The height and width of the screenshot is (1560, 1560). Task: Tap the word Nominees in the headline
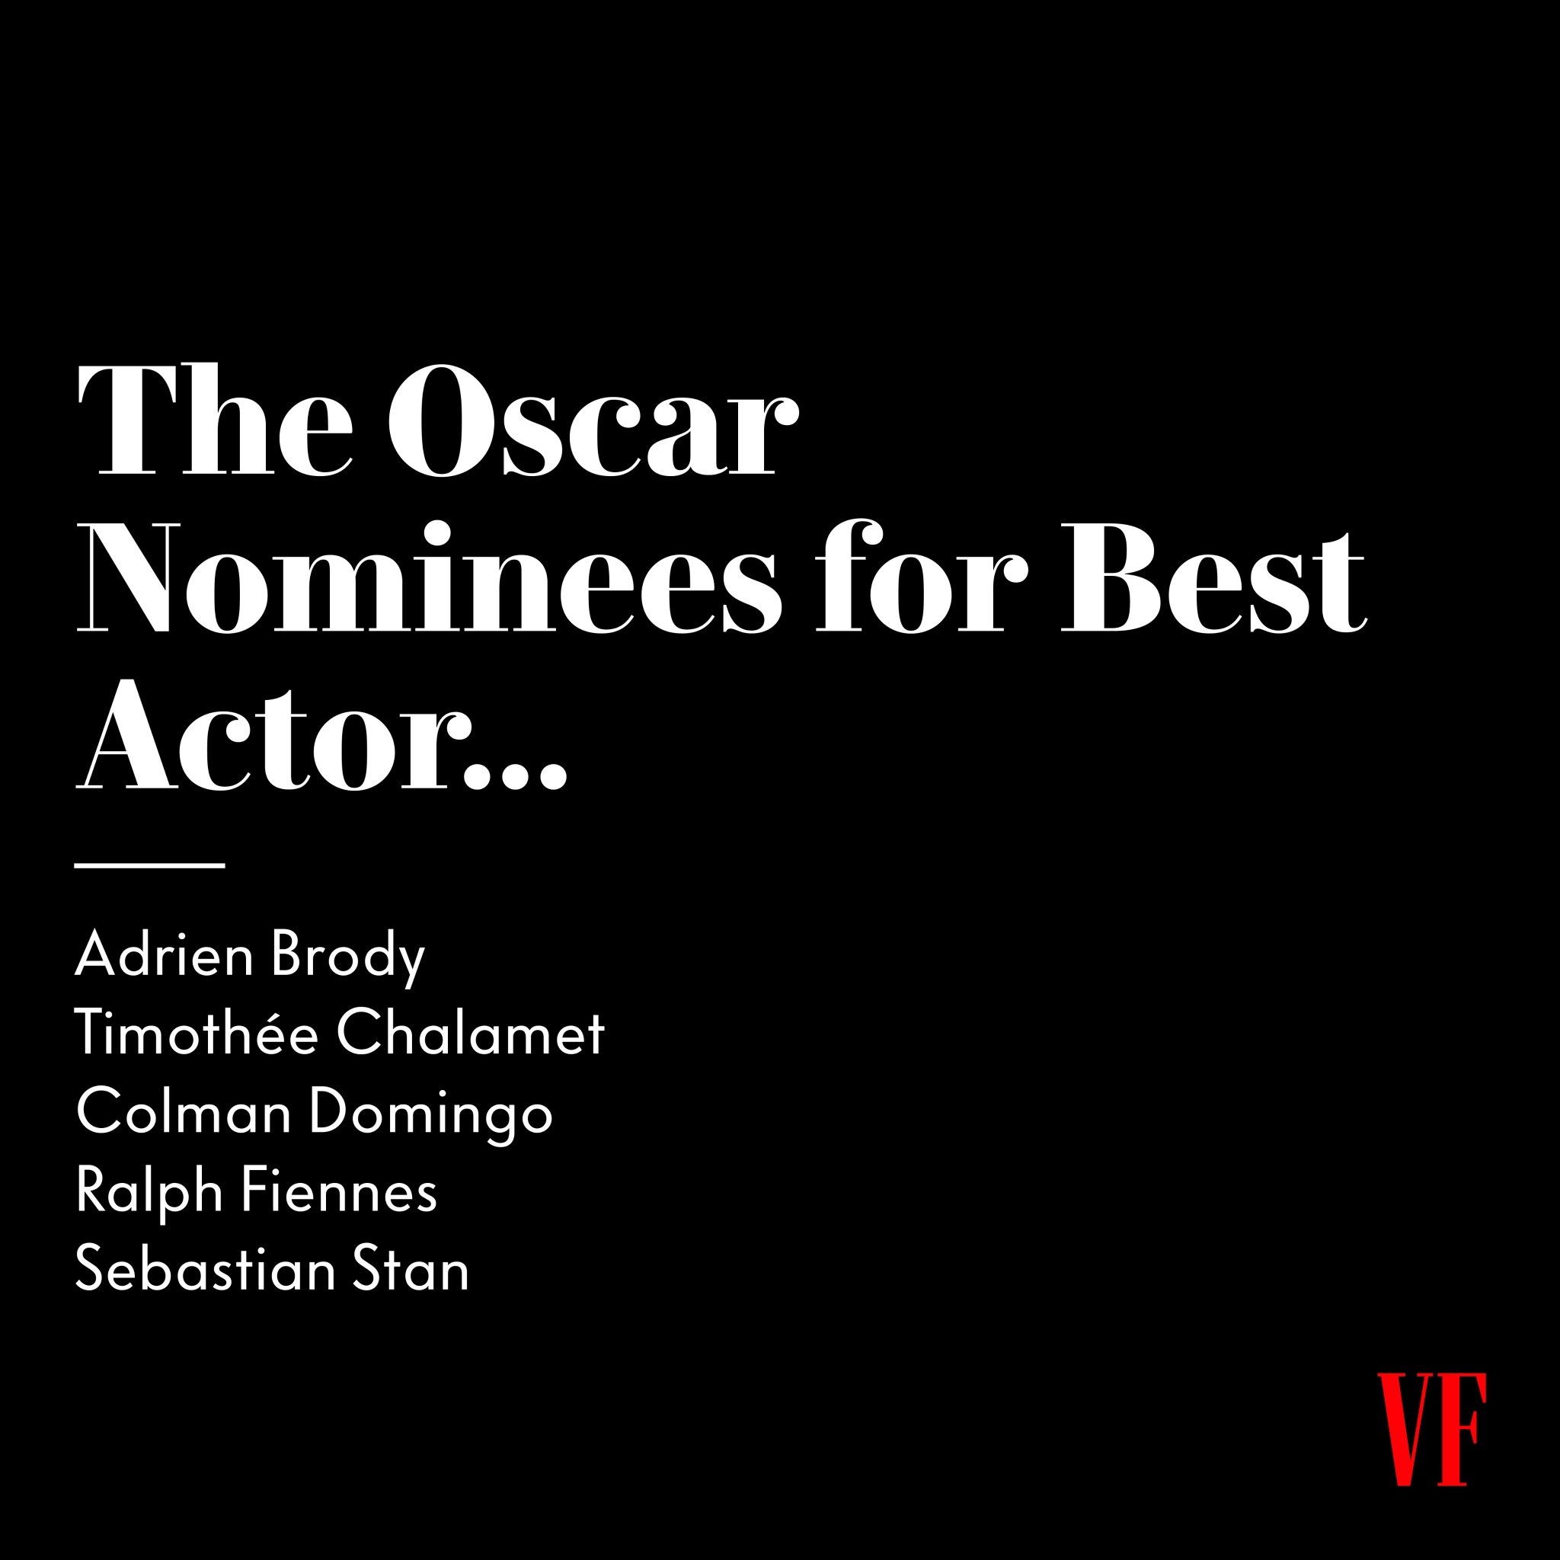[428, 577]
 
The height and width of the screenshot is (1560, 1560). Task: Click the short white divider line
[149, 865]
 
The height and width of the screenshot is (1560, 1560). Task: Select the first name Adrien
[165, 955]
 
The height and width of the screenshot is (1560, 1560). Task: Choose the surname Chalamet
[472, 1033]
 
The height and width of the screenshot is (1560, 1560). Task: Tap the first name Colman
[184, 1112]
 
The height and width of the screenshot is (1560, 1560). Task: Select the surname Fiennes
[340, 1191]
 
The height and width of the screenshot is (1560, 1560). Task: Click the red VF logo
[1431, 1428]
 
